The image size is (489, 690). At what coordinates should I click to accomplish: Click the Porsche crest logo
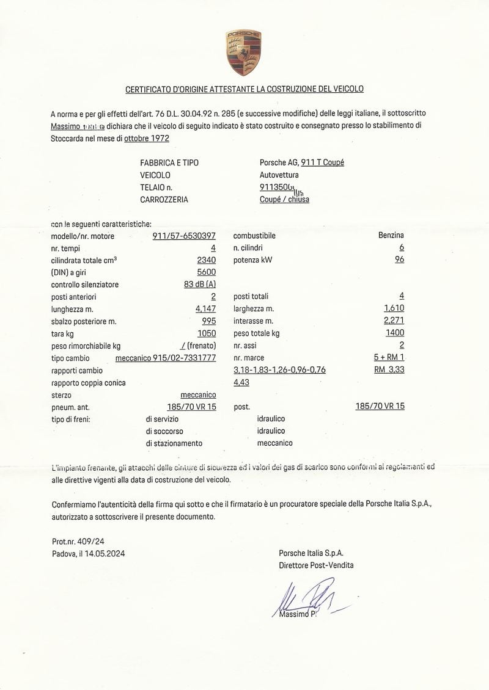243,52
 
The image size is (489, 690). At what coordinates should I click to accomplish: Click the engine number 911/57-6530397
184,236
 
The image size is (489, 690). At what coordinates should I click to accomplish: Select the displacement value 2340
206,260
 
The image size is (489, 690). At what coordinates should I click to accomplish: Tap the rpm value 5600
206,272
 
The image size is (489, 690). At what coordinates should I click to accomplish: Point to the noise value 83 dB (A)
200,285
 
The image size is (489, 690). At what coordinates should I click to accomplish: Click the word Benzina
391,235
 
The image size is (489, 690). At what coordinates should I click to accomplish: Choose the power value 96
399,260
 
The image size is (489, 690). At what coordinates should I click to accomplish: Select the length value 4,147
205,309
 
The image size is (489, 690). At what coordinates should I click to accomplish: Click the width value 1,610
394,308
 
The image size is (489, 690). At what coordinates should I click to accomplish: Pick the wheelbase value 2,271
394,321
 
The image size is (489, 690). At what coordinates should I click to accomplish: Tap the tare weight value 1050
207,333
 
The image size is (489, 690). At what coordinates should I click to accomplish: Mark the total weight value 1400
395,333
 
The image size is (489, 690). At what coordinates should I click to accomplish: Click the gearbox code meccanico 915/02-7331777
166,358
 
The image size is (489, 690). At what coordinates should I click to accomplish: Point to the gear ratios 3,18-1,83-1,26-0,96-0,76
279,370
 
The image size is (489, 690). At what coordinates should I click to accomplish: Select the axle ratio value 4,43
241,382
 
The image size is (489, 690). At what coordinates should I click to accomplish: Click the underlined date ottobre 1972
147,138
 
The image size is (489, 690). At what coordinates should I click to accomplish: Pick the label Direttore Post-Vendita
316,565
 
